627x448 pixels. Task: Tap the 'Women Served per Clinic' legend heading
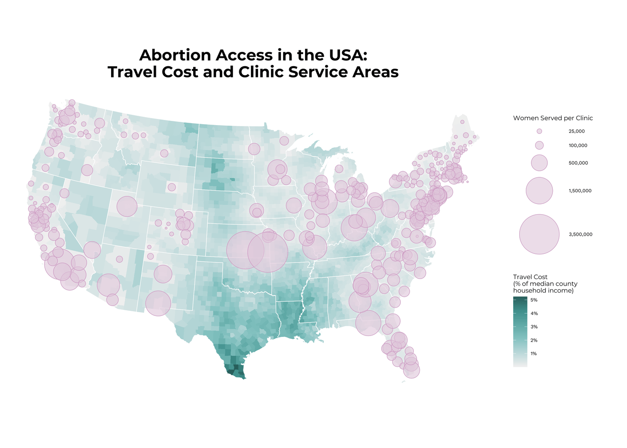coord(553,118)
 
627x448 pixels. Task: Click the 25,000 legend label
coord(577,132)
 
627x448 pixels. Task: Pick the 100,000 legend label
coord(578,146)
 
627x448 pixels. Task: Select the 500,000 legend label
coord(578,163)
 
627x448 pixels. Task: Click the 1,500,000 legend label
coord(580,191)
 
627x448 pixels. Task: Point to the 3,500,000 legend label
coord(580,235)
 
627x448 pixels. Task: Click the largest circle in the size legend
coord(539,234)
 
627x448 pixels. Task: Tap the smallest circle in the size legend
coord(539,132)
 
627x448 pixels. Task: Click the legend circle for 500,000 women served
coord(539,163)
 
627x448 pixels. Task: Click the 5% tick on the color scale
coord(534,300)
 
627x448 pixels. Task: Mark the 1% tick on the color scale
coord(534,354)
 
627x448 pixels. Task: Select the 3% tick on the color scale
coord(534,327)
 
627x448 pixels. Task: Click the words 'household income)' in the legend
coord(543,291)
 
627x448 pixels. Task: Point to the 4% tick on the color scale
coord(534,314)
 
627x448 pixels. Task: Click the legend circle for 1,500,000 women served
coord(539,190)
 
